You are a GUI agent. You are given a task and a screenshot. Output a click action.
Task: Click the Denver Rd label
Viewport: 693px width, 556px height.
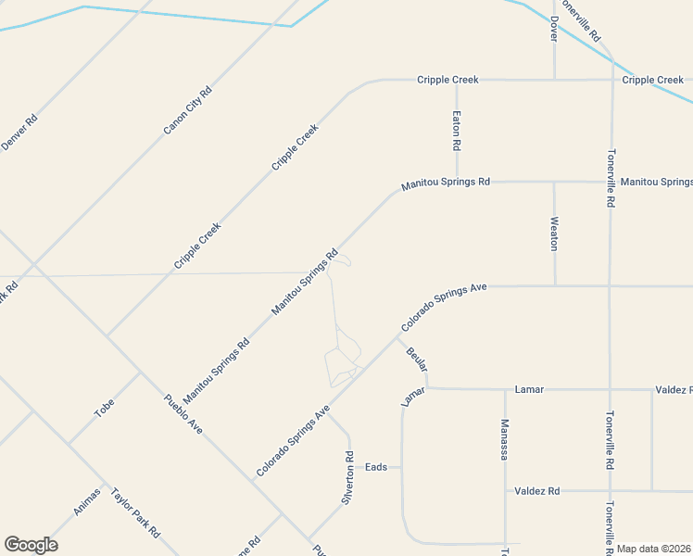[19, 132]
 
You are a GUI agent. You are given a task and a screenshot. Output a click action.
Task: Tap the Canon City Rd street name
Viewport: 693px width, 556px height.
[188, 110]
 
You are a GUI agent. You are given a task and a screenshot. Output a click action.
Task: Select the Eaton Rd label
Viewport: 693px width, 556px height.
[457, 132]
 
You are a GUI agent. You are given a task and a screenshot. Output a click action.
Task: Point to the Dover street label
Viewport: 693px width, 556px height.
[554, 29]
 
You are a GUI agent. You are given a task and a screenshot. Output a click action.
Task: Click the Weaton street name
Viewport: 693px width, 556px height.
[554, 234]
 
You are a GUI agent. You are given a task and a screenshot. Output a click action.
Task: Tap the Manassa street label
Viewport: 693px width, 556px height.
[505, 439]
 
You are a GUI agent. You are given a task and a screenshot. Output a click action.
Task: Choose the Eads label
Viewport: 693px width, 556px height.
[375, 467]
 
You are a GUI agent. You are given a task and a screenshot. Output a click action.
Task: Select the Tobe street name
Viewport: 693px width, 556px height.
[105, 407]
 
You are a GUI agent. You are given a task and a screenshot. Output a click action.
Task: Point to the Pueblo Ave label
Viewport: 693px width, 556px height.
[183, 415]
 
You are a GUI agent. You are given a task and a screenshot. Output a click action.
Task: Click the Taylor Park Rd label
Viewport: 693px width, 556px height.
[135, 513]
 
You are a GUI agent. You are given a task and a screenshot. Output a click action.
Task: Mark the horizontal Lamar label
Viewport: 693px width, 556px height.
[529, 390]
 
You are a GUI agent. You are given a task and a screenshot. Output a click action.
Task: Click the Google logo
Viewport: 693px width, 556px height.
[31, 545]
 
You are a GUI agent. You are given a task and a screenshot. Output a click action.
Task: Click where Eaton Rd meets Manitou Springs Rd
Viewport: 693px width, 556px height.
[457, 183]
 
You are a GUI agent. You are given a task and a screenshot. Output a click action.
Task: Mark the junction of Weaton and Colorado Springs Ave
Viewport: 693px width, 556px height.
[555, 286]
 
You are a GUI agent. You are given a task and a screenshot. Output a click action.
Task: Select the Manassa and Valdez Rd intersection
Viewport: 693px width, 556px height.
[505, 490]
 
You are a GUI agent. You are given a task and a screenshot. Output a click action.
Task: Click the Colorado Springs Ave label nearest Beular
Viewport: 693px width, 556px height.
[444, 308]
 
